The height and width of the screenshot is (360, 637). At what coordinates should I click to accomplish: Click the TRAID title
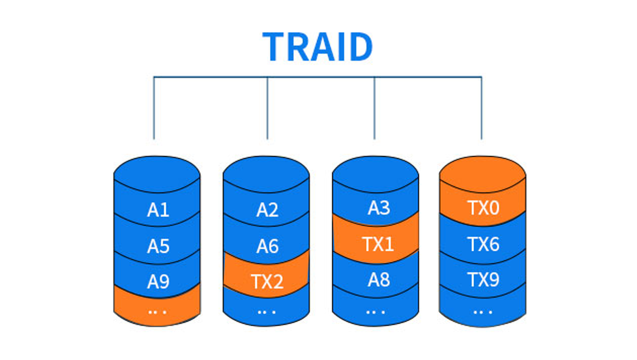318,47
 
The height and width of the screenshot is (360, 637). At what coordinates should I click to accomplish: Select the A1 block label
158,210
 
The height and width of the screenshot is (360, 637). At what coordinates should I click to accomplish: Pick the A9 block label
158,282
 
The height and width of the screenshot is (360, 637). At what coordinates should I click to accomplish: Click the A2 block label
267,210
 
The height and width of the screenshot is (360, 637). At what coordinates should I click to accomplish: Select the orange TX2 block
267,275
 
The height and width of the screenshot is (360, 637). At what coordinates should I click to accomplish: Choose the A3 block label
379,208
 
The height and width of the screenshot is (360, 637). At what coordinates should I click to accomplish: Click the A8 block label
379,280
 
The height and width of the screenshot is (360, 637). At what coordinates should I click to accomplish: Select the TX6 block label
483,244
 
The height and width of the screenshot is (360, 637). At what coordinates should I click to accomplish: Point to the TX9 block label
483,280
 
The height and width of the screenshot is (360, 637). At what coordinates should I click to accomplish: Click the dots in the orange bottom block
158,312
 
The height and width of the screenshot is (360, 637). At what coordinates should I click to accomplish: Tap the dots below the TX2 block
267,312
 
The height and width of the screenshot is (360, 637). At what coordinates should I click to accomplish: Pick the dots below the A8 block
376,312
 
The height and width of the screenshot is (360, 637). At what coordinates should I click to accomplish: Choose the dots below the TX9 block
482,312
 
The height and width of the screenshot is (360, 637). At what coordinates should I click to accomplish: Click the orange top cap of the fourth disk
482,174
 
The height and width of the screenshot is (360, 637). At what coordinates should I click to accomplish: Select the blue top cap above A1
157,174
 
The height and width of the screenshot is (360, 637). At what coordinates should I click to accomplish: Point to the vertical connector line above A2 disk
267,108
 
